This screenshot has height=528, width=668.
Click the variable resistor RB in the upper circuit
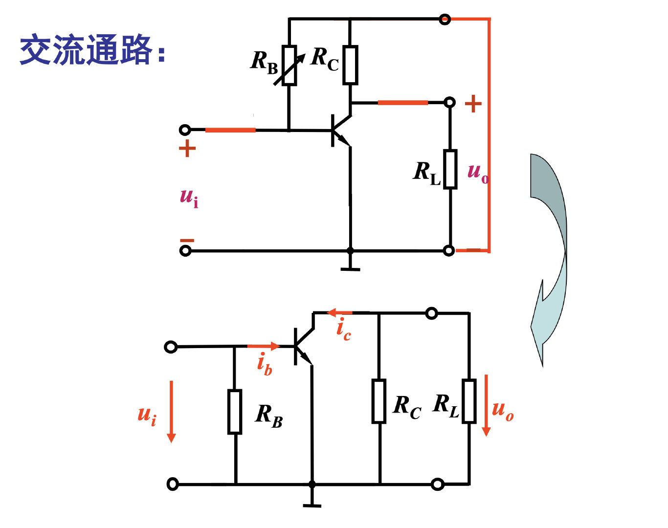click(289, 66)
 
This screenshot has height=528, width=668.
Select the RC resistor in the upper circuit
click(350, 65)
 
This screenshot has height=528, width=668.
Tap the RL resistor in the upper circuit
click(450, 169)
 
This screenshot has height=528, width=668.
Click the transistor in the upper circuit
click(340, 130)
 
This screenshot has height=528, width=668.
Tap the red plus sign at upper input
click(187, 148)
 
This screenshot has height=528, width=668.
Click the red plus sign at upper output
click(473, 104)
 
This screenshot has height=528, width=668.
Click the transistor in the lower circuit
click(303, 346)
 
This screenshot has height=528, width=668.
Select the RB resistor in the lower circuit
click(235, 412)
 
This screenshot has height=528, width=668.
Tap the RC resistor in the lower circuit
click(379, 401)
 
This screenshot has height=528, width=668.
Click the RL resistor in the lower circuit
click(469, 401)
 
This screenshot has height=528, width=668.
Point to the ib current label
click(265, 364)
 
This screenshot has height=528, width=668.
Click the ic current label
click(343, 329)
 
